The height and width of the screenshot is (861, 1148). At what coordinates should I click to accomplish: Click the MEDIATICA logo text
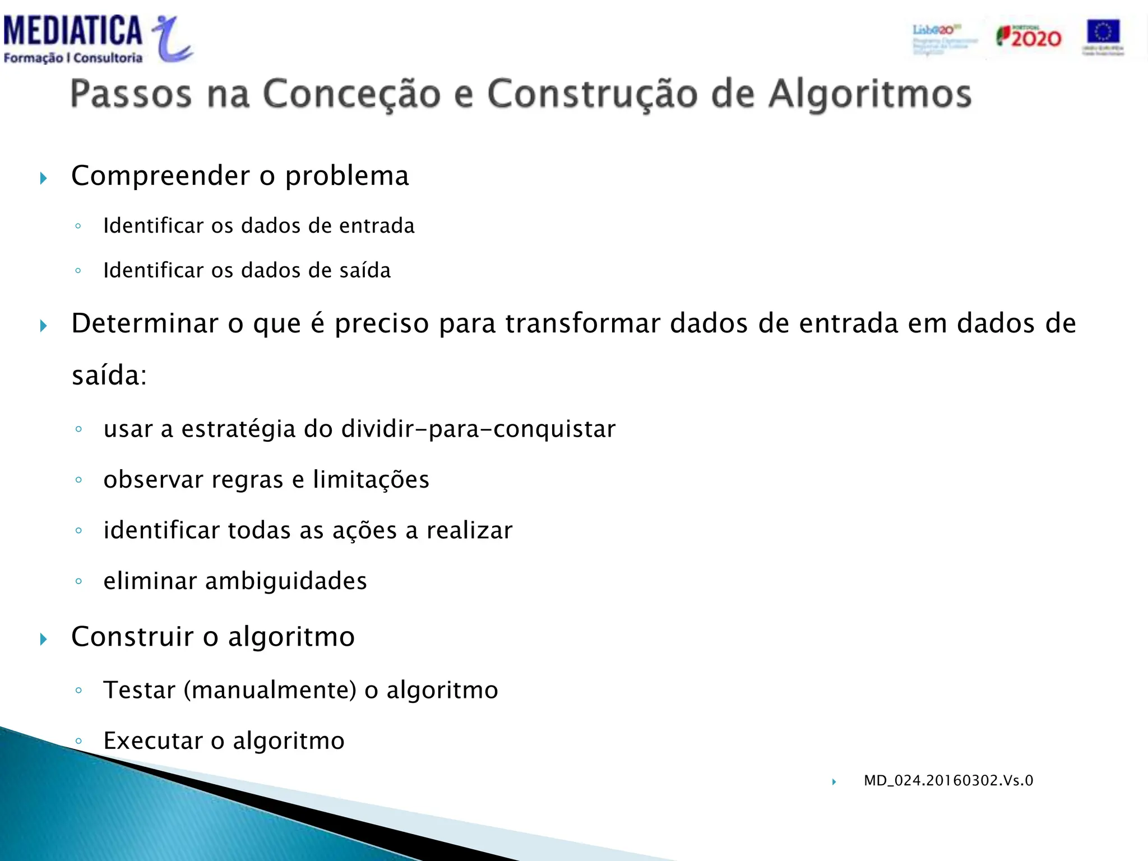73,31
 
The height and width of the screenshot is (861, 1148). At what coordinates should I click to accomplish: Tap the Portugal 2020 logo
1029,37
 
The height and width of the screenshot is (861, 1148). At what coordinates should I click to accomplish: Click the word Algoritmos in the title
869,94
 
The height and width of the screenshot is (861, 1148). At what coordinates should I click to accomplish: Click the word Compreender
160,176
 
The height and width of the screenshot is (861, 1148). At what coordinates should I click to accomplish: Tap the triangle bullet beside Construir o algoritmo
44,639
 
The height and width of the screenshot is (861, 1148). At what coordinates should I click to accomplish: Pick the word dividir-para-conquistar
478,429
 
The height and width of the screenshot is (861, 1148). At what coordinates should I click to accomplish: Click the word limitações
371,480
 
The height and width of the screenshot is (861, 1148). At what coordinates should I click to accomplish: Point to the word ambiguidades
286,581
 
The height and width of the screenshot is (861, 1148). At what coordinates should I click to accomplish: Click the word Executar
152,741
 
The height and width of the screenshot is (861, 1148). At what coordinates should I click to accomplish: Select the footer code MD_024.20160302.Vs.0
948,781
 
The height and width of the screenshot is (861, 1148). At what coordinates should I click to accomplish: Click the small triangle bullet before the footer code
834,782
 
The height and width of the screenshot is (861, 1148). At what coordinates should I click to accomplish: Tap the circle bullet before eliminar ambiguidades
78,581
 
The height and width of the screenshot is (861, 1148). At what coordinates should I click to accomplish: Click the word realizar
469,531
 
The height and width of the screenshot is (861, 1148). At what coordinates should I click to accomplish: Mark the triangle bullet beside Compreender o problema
44,179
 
